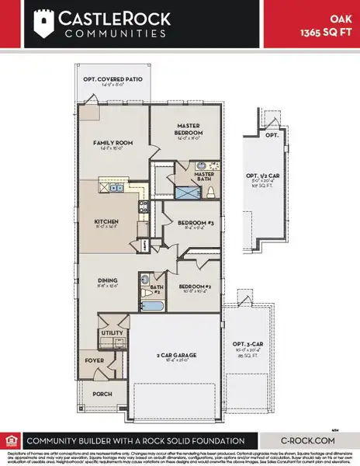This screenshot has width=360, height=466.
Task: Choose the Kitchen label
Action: (x=106, y=221)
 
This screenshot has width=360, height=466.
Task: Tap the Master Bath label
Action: (x=204, y=175)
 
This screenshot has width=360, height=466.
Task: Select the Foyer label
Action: (x=94, y=360)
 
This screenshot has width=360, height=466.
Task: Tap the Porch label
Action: (x=102, y=392)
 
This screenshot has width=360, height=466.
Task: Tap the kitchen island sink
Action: (x=116, y=187)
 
